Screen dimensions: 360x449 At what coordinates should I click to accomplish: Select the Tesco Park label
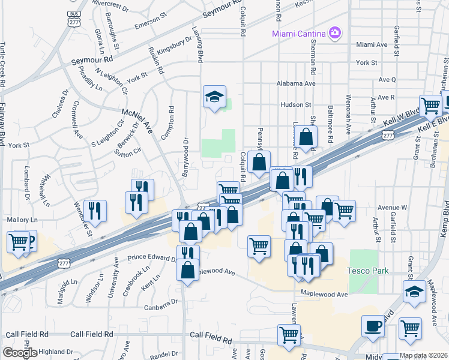367,271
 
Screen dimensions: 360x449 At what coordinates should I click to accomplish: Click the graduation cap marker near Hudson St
213,98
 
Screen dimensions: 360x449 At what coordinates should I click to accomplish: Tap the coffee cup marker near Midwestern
372,327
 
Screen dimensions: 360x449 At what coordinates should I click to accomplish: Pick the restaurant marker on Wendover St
95,210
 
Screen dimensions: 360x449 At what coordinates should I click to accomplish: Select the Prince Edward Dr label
151,259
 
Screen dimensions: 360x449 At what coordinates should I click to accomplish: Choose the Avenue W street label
391,208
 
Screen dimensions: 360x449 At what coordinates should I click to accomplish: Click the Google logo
19,353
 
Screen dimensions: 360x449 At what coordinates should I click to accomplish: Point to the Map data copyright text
423,355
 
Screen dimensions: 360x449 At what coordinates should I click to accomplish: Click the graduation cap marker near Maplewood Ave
414,291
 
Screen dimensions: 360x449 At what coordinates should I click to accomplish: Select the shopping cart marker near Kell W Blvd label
430,106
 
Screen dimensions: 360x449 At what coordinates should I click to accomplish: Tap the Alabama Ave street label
295,84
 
